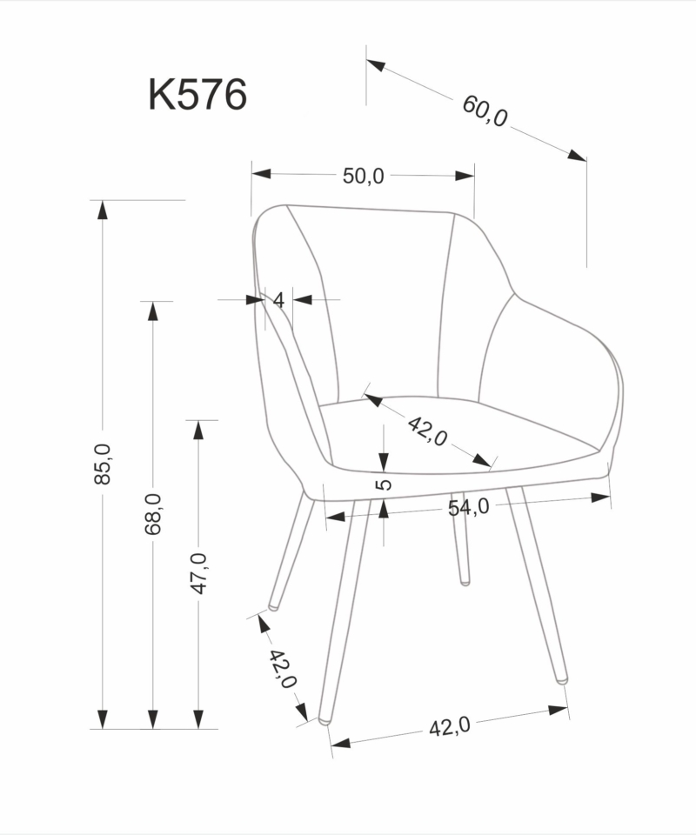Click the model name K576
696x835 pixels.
(x=197, y=95)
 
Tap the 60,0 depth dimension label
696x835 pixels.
(x=485, y=111)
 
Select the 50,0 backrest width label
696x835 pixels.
(x=363, y=176)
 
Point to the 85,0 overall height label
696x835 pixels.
(x=103, y=464)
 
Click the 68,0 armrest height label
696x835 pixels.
(x=153, y=514)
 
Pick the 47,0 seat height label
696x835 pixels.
(x=198, y=573)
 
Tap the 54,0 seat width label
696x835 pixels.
(x=468, y=507)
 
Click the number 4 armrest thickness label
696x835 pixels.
(x=278, y=300)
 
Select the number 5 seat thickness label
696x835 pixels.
(x=384, y=484)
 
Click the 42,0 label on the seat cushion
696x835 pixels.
(x=427, y=431)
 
